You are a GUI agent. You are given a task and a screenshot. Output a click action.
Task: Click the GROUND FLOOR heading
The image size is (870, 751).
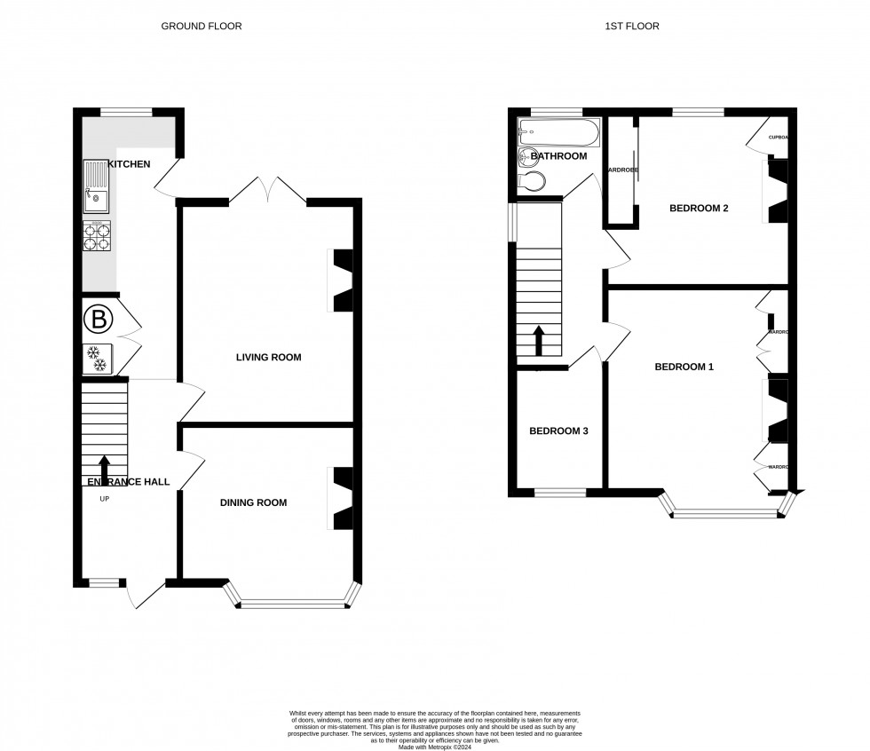[201, 26]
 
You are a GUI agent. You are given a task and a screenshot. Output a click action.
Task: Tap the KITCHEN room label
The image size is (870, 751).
[129, 164]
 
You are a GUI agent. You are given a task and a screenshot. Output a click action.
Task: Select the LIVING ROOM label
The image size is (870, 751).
[268, 358]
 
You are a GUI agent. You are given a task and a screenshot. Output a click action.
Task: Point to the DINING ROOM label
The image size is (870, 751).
[254, 502]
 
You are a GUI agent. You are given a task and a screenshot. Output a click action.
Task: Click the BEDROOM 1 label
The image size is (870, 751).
[684, 367]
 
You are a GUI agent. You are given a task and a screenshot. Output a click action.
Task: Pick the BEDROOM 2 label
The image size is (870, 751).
[699, 209]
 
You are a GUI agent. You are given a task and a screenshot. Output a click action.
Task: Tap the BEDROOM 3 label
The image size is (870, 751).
[558, 431]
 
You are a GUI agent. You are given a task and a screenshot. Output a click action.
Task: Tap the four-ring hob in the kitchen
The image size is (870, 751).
[96, 235]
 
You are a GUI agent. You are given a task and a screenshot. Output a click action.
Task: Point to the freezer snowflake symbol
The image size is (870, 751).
[96, 359]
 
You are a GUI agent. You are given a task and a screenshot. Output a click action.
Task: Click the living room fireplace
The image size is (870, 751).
[342, 281]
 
